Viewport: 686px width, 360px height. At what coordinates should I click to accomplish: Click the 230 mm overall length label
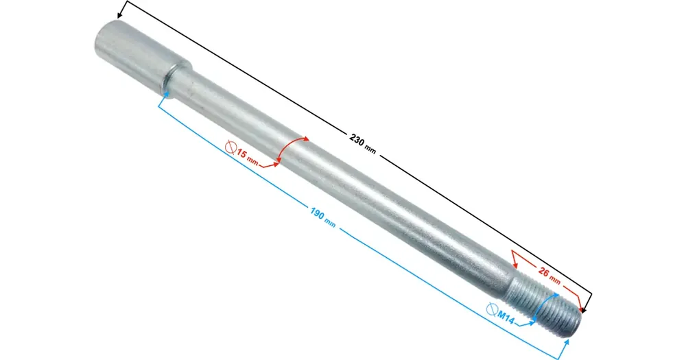click(363, 144)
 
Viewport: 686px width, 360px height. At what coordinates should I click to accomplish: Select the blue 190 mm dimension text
click(323, 217)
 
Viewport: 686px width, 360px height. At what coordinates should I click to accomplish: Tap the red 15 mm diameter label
click(247, 156)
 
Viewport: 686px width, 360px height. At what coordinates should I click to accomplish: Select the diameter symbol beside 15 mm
click(230, 147)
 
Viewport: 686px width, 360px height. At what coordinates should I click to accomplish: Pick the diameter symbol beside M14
click(491, 309)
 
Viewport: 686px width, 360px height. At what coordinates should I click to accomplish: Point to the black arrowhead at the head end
click(119, 15)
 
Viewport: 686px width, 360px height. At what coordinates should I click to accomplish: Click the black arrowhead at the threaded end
click(584, 310)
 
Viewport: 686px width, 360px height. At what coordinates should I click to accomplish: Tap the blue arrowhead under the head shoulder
click(165, 94)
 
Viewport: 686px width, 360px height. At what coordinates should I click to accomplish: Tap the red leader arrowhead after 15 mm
click(276, 164)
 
